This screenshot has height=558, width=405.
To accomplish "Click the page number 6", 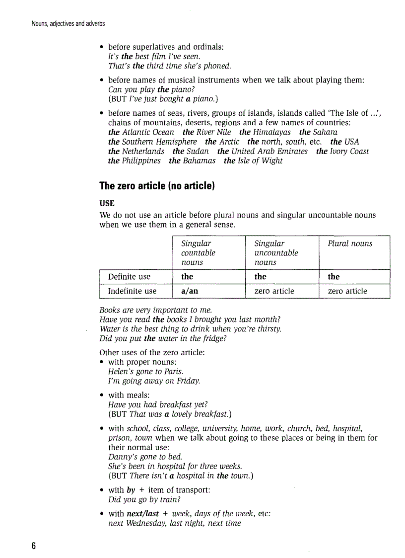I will pyautogui.click(x=34, y=546).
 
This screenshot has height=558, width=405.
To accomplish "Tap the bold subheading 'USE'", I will pyautogui.click(x=107, y=204).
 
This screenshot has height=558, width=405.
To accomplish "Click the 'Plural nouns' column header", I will pyautogui.click(x=349, y=243).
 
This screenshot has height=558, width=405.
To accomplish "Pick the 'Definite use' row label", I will pyautogui.click(x=129, y=277).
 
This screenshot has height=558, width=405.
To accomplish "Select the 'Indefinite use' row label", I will pyautogui.click(x=132, y=291).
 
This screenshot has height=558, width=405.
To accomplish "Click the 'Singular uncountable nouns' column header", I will pyautogui.click(x=276, y=252).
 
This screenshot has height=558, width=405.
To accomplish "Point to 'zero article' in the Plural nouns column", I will pyautogui.click(x=347, y=291).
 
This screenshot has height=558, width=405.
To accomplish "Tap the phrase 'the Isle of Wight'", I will pyautogui.click(x=253, y=161).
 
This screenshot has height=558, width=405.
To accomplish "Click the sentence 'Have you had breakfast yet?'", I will pyautogui.click(x=157, y=404).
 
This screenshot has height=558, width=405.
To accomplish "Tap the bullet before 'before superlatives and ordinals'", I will pyautogui.click(x=102, y=48).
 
